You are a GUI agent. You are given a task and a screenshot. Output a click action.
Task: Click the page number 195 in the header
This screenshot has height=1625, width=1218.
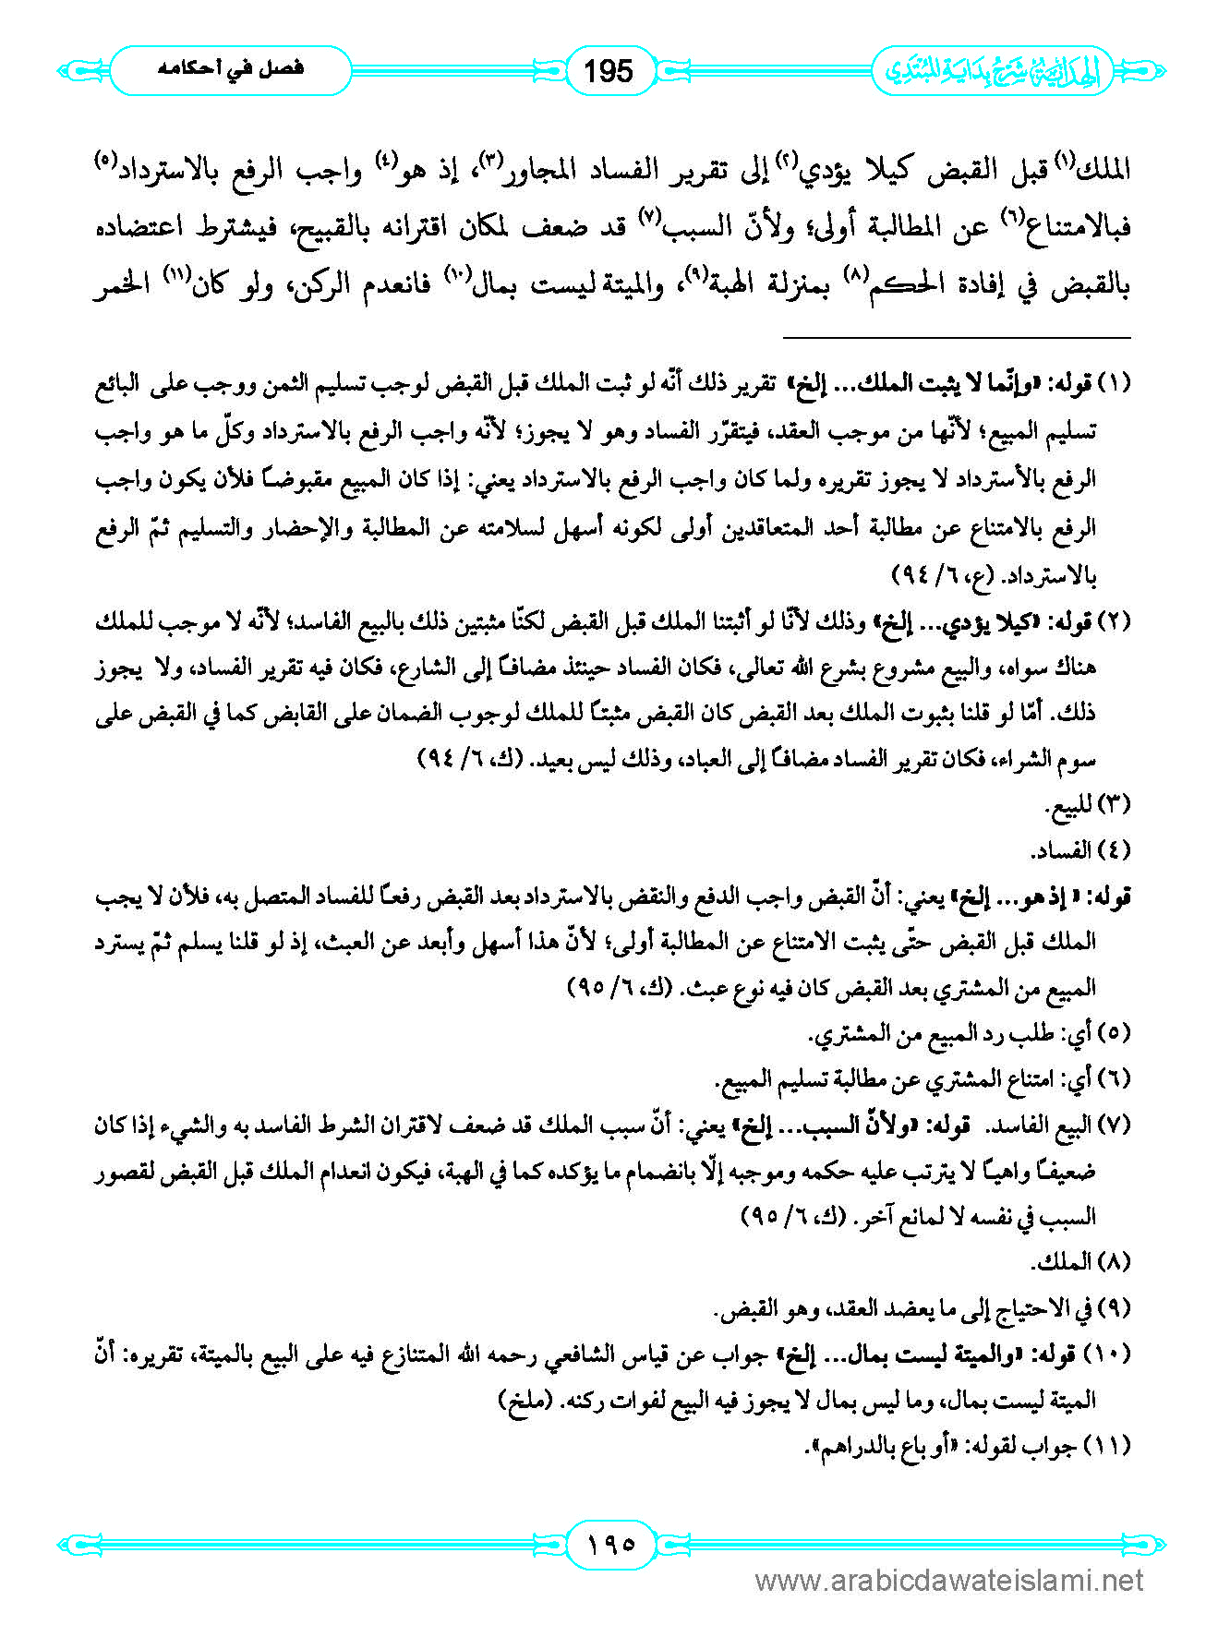pyautogui.click(x=609, y=70)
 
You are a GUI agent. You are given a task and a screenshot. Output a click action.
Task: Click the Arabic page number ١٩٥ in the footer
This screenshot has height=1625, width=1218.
pyautogui.click(x=609, y=1543)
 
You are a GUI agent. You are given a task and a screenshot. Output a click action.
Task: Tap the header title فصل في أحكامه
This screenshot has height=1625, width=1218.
pyautogui.click(x=231, y=69)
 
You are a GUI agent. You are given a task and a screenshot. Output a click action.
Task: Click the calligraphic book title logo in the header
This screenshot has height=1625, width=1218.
pyautogui.click(x=993, y=71)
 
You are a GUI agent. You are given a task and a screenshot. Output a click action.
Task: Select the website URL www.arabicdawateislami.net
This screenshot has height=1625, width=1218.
pyautogui.click(x=949, y=1582)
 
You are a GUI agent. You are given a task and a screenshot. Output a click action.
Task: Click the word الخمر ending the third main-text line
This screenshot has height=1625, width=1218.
pyautogui.click(x=122, y=286)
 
